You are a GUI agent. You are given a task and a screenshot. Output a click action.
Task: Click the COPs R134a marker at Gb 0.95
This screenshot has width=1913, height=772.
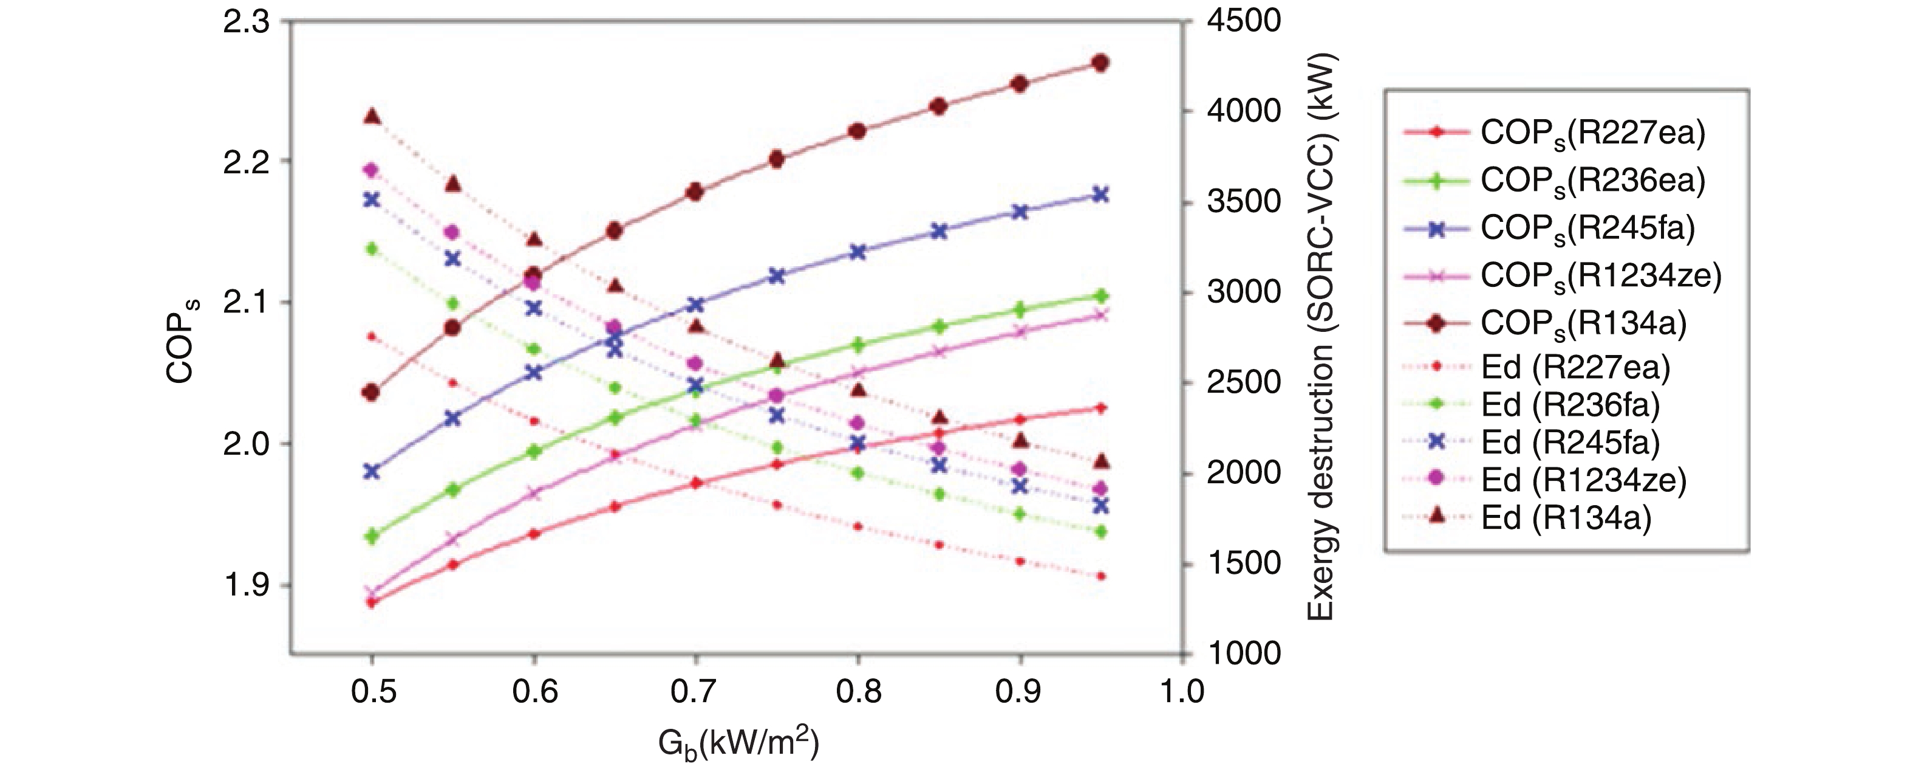(x=1101, y=63)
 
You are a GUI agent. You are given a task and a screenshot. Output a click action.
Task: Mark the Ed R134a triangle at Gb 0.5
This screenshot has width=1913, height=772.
(x=373, y=117)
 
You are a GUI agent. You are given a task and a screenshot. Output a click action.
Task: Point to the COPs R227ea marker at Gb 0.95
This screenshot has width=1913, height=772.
(x=1101, y=408)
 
